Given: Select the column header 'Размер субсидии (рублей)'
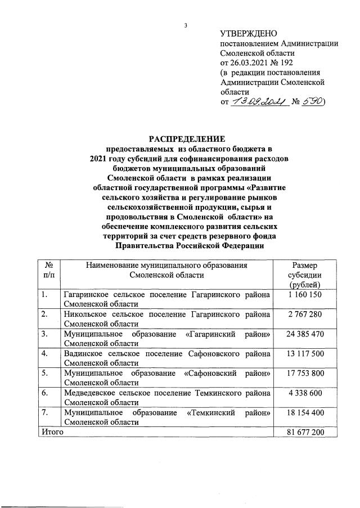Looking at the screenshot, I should [x=305, y=275].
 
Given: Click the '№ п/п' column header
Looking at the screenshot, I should [x=48, y=270].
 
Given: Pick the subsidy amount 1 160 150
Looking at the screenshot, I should [x=305, y=294].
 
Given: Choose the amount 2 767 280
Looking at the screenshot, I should [x=305, y=314].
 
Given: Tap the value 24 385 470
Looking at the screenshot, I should [x=305, y=334].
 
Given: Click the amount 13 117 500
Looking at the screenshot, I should [x=305, y=353].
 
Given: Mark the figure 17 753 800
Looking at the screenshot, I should [x=305, y=373].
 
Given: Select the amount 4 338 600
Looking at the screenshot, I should [x=305, y=393].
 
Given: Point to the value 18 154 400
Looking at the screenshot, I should [x=305, y=412].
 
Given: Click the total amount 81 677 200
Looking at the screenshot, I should [x=305, y=432].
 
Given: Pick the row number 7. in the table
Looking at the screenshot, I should [x=43, y=412].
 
